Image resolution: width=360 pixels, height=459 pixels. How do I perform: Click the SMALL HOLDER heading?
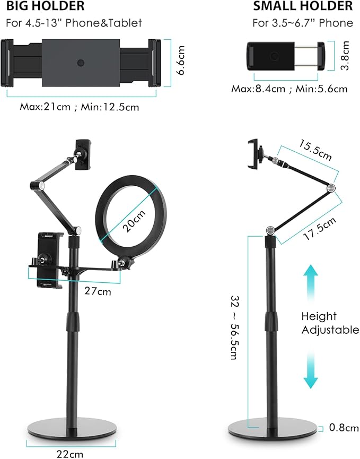click(x=303, y=6)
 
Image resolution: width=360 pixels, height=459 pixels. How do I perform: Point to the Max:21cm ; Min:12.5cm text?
click(x=80, y=107)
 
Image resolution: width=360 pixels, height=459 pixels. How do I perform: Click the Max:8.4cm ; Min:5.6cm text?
click(x=289, y=89)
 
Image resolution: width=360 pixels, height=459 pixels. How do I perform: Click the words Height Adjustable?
click(x=330, y=323)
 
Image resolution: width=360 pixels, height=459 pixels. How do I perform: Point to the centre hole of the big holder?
click(x=80, y=62)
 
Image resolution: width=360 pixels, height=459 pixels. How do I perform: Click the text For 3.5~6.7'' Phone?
click(x=303, y=23)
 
